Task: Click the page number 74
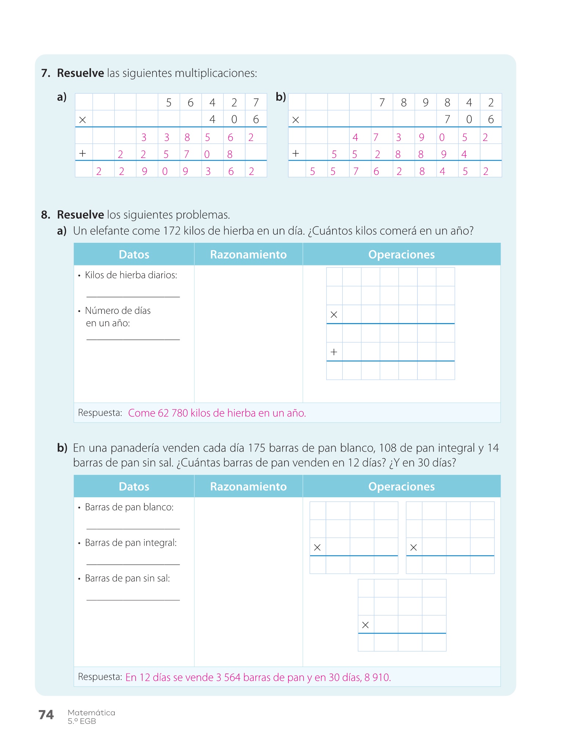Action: (x=46, y=715)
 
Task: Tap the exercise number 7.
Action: (x=45, y=73)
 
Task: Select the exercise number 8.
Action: (x=45, y=215)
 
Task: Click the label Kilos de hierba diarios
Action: (x=131, y=275)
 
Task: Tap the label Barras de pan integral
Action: (x=130, y=543)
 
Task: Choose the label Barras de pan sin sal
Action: (x=127, y=578)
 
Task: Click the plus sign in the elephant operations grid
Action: (x=334, y=352)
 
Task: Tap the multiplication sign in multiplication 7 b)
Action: (x=296, y=120)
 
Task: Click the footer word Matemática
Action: (x=91, y=713)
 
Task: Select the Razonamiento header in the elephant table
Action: (x=248, y=255)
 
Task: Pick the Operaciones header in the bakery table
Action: (x=401, y=486)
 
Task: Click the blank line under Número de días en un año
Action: (x=133, y=339)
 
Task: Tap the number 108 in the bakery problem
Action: (x=388, y=448)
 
